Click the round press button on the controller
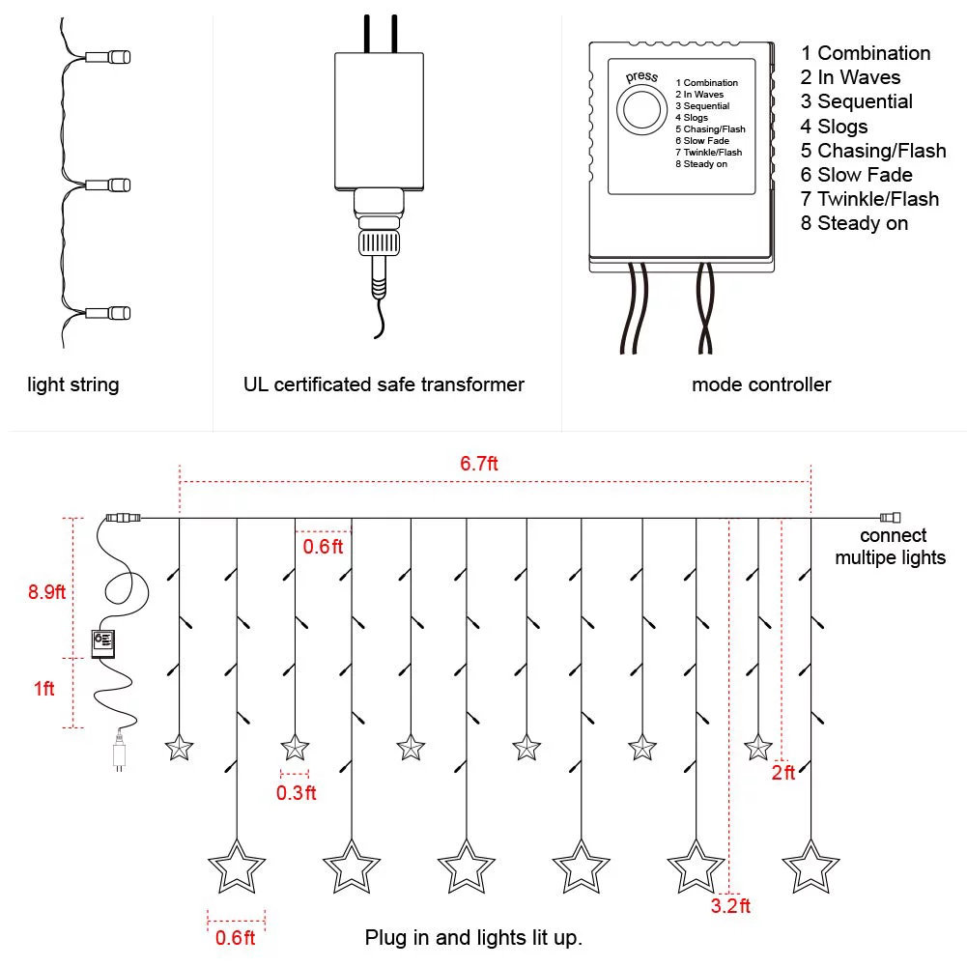tap(638, 110)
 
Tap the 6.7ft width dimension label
tap(479, 464)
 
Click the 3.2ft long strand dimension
tap(730, 906)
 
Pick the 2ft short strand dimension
tap(782, 772)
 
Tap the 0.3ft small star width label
tap(297, 793)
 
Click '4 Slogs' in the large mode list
tap(834, 127)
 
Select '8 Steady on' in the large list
tap(854, 223)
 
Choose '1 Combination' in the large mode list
tap(866, 53)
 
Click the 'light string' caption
tap(73, 384)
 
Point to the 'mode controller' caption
tap(761, 384)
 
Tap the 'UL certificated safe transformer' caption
tap(384, 384)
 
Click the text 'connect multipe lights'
tap(891, 547)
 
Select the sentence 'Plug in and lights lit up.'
tap(473, 937)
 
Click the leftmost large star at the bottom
tap(237, 867)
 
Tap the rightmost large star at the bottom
tap(811, 867)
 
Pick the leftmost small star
tap(179, 747)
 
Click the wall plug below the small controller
tap(118, 754)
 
